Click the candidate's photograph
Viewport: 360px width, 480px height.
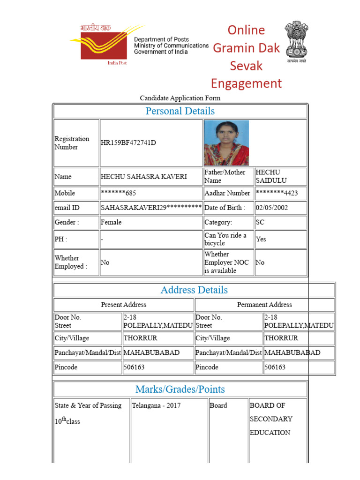coord(226,142)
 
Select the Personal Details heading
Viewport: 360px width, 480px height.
coord(180,111)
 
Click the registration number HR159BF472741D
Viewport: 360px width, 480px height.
coord(128,143)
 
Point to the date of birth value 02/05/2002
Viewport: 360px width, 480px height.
coord(272,208)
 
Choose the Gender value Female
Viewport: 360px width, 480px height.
coord(111,222)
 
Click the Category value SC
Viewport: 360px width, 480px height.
coord(260,222)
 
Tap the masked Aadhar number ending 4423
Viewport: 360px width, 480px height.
coord(277,193)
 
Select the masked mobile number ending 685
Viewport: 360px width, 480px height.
coord(119,193)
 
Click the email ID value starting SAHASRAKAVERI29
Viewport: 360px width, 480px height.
coord(151,208)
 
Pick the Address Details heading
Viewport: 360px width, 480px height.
coord(194,290)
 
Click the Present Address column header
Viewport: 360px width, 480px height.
coord(124,305)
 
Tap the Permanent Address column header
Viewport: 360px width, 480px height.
coord(264,305)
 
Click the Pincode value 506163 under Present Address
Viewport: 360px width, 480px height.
coord(134,367)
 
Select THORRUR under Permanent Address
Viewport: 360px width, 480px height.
coord(281,338)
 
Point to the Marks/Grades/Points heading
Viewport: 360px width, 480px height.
coord(180,389)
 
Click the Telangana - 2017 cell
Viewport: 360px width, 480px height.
coord(156,405)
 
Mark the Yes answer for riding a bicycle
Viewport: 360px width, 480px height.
coord(261,239)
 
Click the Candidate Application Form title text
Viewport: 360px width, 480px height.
coord(180,98)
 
